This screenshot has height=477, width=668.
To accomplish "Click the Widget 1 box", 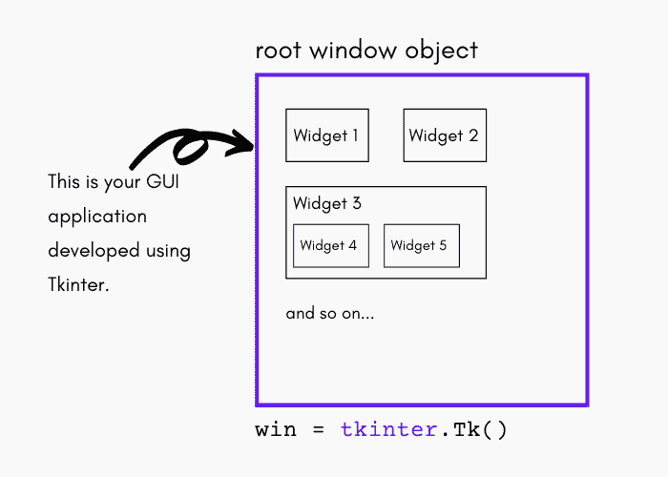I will [x=327, y=135].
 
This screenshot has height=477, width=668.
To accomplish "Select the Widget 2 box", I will [x=444, y=135].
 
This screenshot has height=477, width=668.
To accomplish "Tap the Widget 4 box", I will [x=328, y=246].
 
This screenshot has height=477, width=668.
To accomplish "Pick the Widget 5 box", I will [x=421, y=246].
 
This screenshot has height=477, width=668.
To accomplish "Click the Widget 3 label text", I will [x=327, y=203].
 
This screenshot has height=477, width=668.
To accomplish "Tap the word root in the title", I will [x=278, y=50].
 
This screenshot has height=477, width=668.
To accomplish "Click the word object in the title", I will [x=444, y=51].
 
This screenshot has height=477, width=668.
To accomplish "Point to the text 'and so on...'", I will [x=330, y=313].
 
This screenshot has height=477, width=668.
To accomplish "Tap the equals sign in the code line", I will [x=318, y=430].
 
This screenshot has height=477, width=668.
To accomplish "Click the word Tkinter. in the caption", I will [x=79, y=285].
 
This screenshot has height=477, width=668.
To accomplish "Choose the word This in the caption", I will [x=65, y=181].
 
